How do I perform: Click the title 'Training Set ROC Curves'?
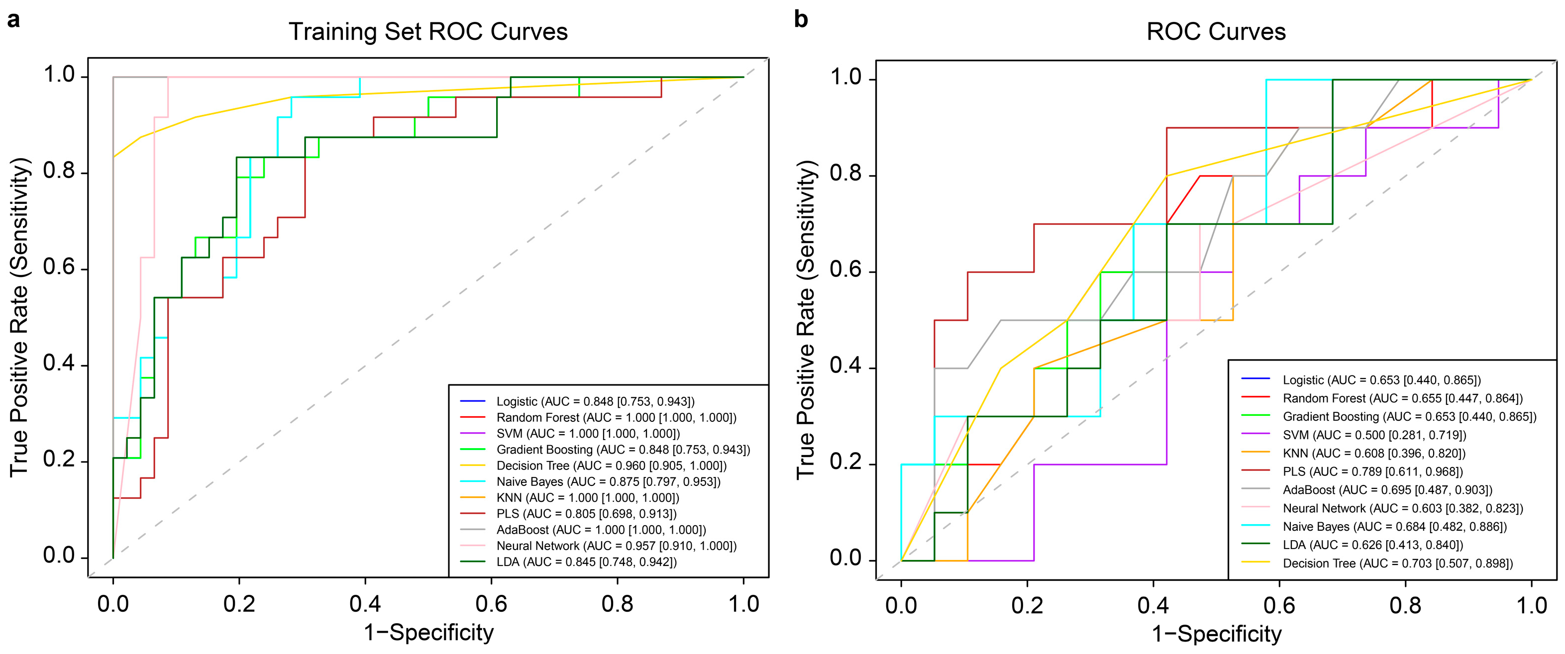[428, 31]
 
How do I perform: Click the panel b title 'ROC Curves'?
[1216, 31]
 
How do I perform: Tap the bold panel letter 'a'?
[13, 20]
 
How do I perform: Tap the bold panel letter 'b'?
[801, 19]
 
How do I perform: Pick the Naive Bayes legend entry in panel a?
[590, 481]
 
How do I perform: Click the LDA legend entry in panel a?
[568, 561]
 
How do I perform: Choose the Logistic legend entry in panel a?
[577, 401]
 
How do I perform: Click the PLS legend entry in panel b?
[1352, 471]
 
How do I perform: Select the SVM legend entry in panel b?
[1354, 435]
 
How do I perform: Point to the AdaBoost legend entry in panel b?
[1366, 489]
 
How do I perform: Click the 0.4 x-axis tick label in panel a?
[365, 604]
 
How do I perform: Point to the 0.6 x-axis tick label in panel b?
[1279, 605]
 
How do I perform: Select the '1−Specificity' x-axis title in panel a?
[428, 633]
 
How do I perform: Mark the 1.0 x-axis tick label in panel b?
[1532, 605]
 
